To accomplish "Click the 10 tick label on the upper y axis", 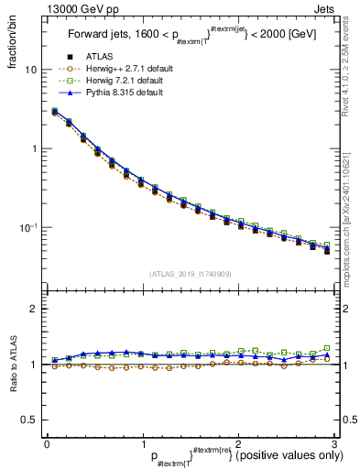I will pyautogui.click(x=32, y=70).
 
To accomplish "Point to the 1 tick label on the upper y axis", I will pyautogui.click(x=35, y=148).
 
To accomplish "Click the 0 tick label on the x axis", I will pyautogui.click(x=47, y=443).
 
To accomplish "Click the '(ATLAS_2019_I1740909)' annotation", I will pyautogui.click(x=190, y=273).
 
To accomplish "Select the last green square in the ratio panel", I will pyautogui.click(x=327, y=348).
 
